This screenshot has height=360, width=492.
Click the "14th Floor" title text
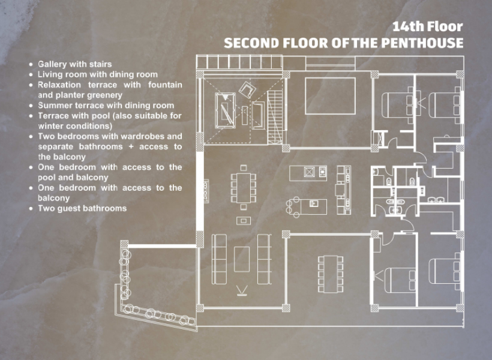428,26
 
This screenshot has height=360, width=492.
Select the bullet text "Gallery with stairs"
74,64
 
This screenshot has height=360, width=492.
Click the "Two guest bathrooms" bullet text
82,208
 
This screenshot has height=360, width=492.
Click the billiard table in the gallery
225,110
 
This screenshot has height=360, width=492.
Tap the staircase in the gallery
276,117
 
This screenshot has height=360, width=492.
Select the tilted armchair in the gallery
247,89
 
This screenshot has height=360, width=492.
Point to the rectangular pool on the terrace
330,96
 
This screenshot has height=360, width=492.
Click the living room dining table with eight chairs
244,188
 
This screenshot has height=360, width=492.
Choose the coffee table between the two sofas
242,259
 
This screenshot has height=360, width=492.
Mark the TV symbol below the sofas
242,290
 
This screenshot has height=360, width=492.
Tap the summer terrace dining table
331,274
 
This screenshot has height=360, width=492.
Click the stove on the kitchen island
309,172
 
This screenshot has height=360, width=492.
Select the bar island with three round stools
307,207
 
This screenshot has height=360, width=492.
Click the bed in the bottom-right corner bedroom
445,271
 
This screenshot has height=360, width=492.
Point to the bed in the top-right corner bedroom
445,105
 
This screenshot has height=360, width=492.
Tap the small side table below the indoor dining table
244,221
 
